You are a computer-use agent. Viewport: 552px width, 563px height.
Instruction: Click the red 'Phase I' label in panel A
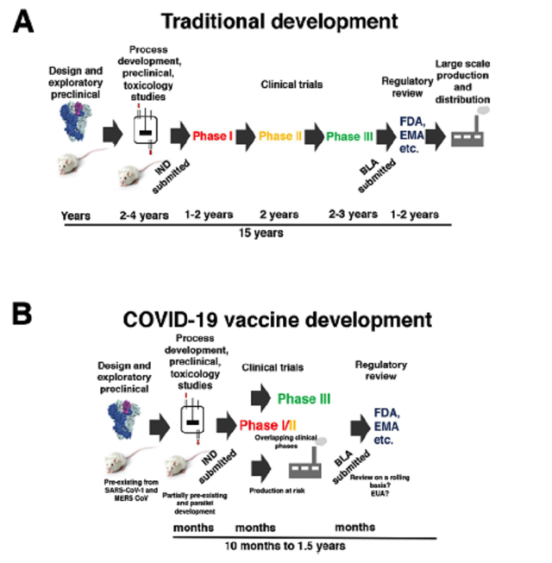click(212, 135)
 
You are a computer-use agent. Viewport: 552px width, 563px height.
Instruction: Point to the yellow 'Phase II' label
click(279, 135)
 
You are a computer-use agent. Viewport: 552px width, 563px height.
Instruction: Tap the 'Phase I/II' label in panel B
click(268, 424)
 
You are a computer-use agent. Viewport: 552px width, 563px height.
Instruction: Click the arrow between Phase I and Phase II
click(247, 136)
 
